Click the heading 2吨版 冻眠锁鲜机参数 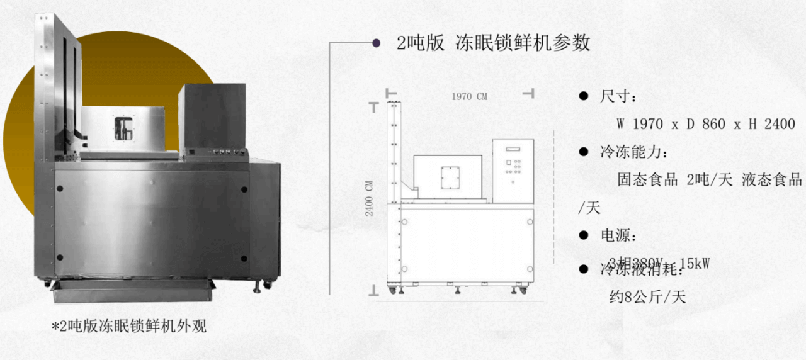point(493,43)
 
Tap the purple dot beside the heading point(376,43)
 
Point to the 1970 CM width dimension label point(469,96)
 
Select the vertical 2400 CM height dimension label point(370,198)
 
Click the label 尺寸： point(618,97)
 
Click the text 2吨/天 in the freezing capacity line point(710,180)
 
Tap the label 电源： point(618,236)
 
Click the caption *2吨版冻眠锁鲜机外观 point(128,327)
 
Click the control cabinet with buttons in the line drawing point(513,171)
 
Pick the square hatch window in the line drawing point(450,177)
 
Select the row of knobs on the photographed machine point(227,152)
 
